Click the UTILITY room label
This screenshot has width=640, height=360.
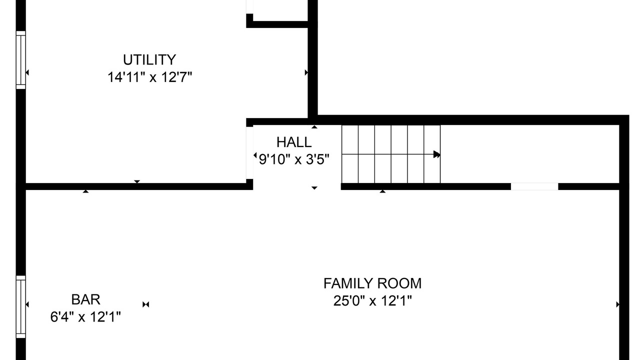[x=149, y=60]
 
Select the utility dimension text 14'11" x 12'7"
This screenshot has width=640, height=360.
[x=149, y=77]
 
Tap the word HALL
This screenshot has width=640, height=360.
[x=294, y=142]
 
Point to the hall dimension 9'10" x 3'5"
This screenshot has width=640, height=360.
[x=294, y=159]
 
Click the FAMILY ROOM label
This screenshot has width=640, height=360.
[x=372, y=283]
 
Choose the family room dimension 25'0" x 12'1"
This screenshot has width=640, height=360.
[x=372, y=300]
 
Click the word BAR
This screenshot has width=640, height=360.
[x=85, y=299]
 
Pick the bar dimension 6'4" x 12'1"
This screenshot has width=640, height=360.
[x=85, y=317]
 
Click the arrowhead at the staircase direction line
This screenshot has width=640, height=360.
[x=437, y=154]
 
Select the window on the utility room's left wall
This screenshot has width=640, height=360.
[x=21, y=60]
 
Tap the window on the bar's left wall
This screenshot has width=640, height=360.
[x=21, y=307]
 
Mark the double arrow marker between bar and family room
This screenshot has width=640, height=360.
[x=145, y=304]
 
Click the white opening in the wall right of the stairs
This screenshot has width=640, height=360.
[x=534, y=186]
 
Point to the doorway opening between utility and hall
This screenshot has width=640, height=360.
[x=249, y=153]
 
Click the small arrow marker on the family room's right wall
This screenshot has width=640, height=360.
[x=617, y=304]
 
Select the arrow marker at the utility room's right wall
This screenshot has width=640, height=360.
[x=306, y=72]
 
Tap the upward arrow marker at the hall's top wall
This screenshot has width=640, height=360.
[x=314, y=127]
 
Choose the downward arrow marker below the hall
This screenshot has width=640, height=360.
[x=314, y=188]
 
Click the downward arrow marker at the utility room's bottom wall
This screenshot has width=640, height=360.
[x=137, y=181]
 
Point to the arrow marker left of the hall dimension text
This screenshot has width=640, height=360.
[x=255, y=155]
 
